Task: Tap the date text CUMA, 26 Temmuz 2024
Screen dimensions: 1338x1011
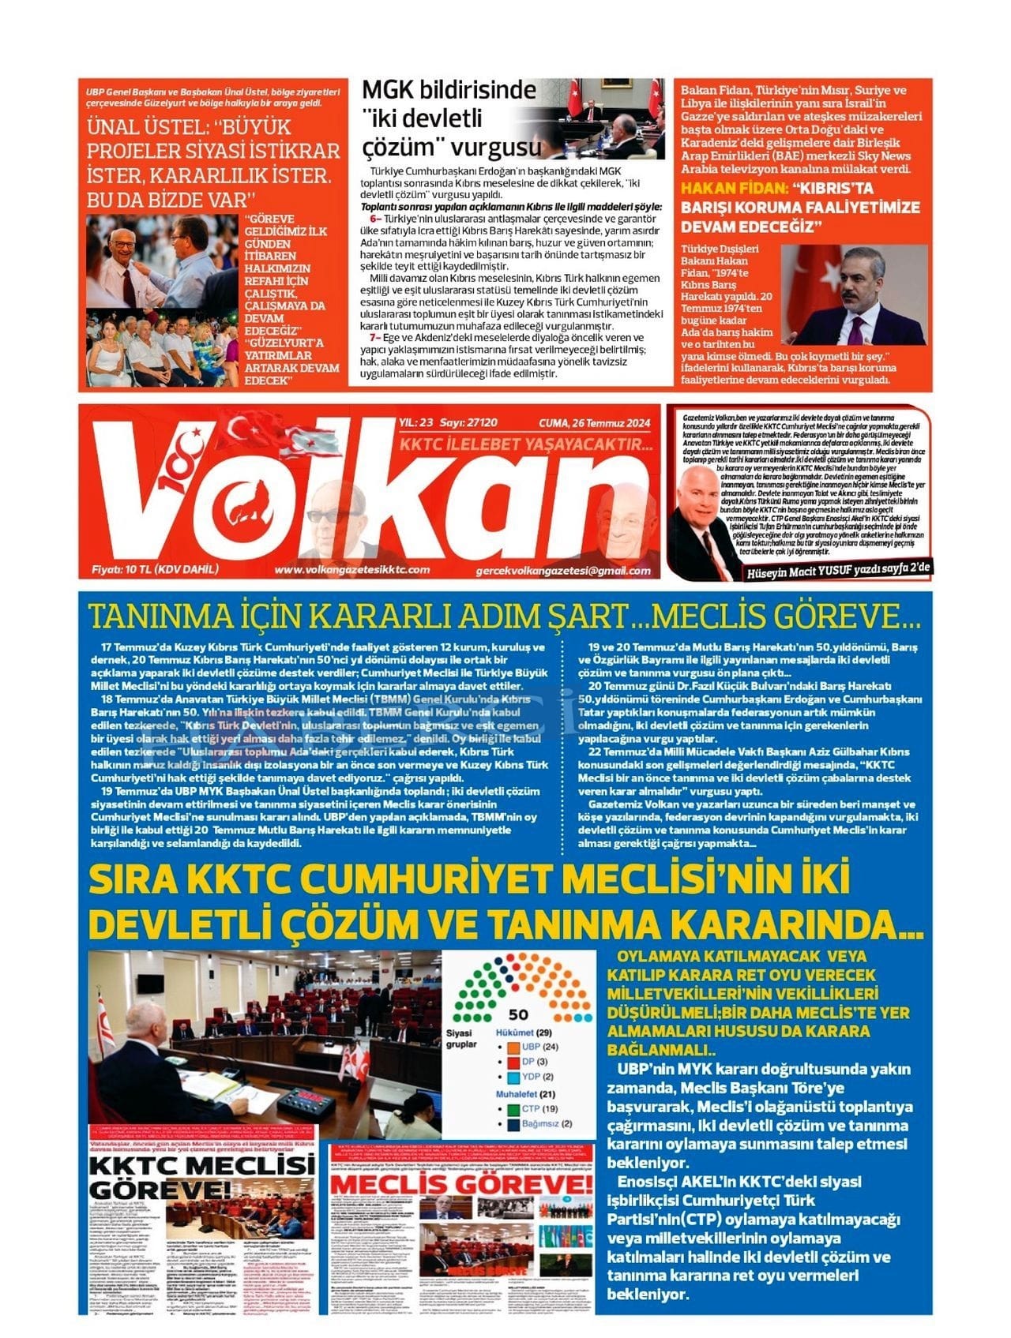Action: pyautogui.click(x=595, y=424)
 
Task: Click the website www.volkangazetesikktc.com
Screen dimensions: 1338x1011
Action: pyautogui.click(x=352, y=569)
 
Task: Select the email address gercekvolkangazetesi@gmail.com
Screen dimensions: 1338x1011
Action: pyautogui.click(x=564, y=570)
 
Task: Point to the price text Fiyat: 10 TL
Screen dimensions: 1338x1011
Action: pyautogui.click(x=155, y=569)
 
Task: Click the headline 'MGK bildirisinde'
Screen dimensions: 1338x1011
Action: pyautogui.click(x=449, y=90)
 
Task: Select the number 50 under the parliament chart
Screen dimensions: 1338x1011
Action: pyautogui.click(x=518, y=1014)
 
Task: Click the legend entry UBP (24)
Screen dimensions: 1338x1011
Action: pyautogui.click(x=540, y=1047)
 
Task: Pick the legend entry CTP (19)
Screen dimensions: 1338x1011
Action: pyautogui.click(x=540, y=1108)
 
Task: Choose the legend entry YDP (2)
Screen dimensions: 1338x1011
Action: pyautogui.click(x=538, y=1077)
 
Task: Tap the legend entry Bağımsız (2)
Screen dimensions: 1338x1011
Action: pyautogui.click(x=547, y=1123)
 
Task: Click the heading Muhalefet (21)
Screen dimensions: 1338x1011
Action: pyautogui.click(x=526, y=1094)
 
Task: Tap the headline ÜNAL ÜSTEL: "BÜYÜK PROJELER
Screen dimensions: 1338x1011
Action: pyautogui.click(x=213, y=163)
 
